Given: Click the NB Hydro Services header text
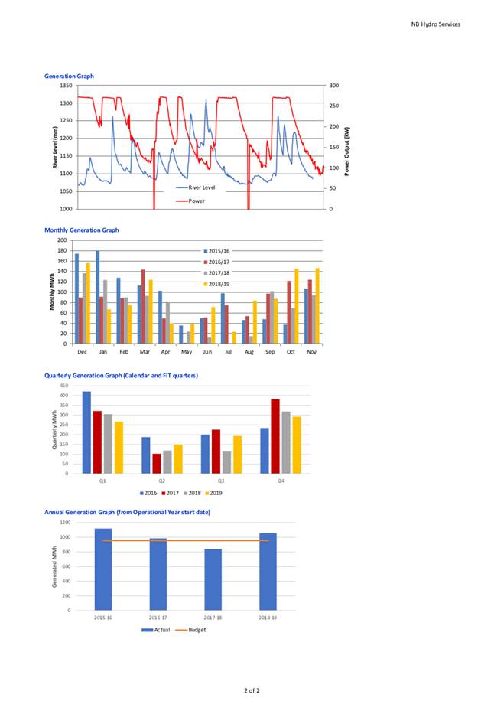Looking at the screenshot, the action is coord(435,24).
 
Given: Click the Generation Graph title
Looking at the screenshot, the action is coord(69,76).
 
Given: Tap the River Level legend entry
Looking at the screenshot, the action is coord(196,187).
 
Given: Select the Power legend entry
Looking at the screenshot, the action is coord(190,201).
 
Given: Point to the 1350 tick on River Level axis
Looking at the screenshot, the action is coord(66,86).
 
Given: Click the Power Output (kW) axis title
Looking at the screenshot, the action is coord(347,152).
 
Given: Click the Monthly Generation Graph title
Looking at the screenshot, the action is coord(81,230).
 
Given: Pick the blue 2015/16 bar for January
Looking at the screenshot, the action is coord(98,298).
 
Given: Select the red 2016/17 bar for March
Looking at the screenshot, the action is coord(143,307).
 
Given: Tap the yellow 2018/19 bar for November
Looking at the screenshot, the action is coord(317,306).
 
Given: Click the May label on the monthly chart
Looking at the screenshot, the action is coord(187,352).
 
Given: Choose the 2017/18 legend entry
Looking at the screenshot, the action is coord(216,273).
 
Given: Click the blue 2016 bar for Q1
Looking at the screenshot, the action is coord(86,432).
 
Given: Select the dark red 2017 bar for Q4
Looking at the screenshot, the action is coord(275,436).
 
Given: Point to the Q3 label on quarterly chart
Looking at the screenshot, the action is coord(221,481).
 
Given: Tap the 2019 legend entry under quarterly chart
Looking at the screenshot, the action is coord(214,493).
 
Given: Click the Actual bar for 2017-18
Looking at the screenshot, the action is coord(213,579).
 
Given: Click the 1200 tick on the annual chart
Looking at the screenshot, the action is coord(66,523).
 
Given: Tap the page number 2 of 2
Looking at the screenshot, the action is coord(252,690).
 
